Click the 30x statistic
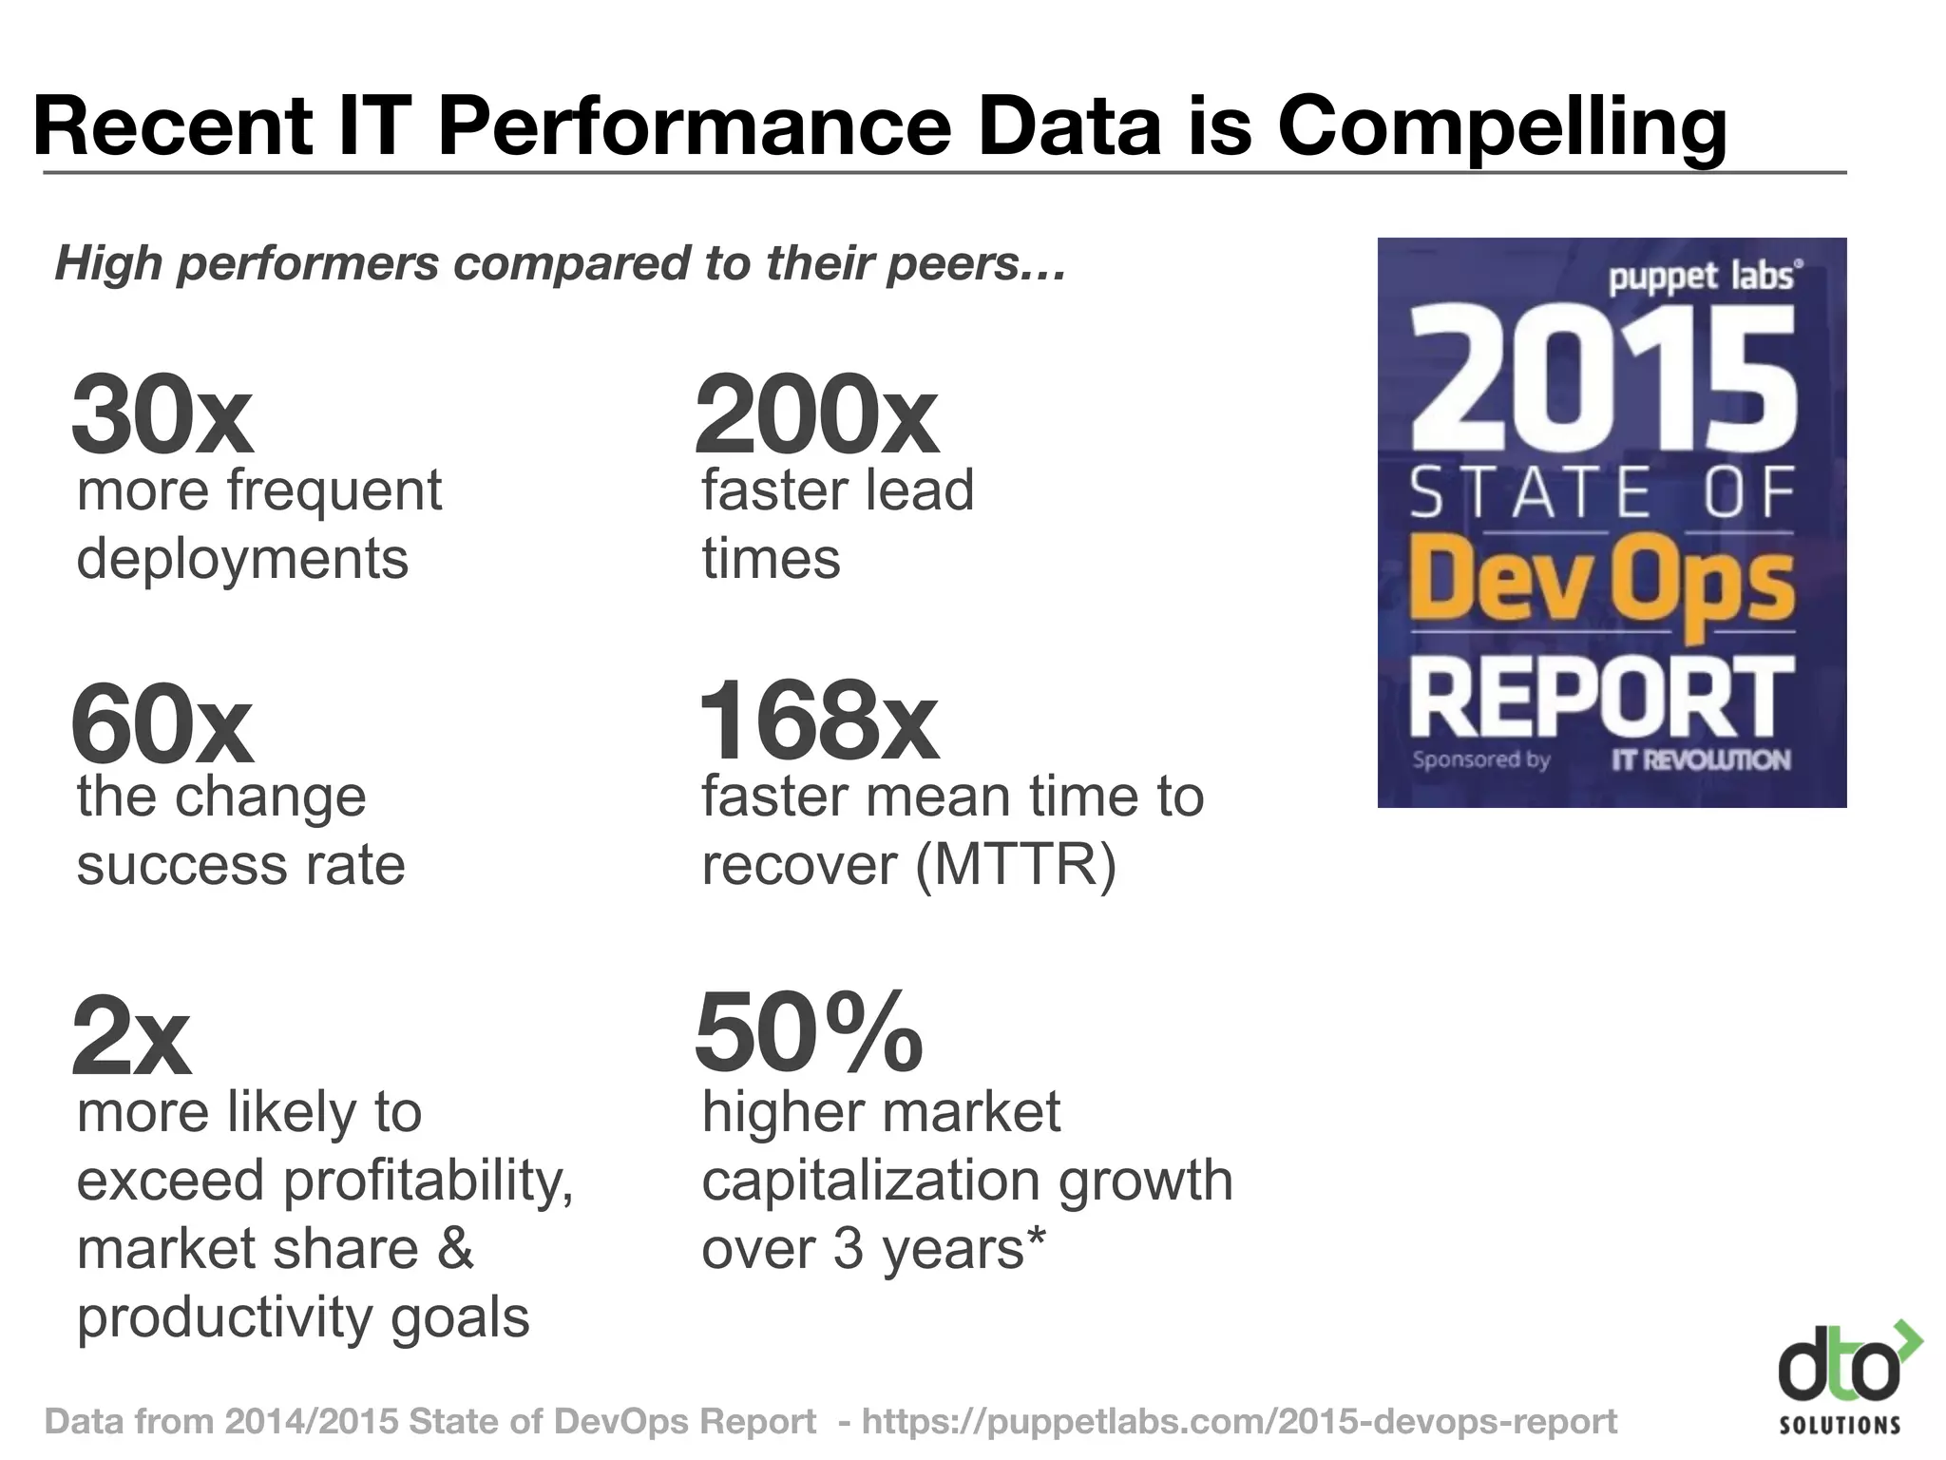(x=162, y=415)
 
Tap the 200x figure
(x=815, y=415)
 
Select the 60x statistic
(x=162, y=724)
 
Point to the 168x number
(x=817, y=722)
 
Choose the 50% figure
(x=809, y=1033)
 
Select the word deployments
(x=242, y=560)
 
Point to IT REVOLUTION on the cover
(x=1700, y=760)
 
